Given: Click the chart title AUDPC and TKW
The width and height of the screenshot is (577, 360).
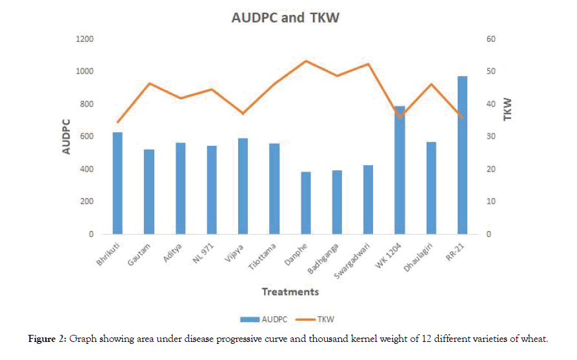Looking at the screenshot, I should pos(285,18).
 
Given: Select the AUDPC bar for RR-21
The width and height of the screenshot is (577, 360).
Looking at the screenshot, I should pos(462,155).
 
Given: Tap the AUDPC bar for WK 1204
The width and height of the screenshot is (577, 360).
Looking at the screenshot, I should pos(400,170).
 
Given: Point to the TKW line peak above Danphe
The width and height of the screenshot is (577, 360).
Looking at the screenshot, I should pos(306,61).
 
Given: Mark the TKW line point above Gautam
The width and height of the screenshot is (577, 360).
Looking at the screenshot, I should pos(149,83).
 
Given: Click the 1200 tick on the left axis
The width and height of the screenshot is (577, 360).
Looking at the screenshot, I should pos(85,39).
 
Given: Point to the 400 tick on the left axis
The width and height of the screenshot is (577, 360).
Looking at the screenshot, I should pos(87,169).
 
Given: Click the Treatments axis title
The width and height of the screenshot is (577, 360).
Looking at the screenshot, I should pos(290,292).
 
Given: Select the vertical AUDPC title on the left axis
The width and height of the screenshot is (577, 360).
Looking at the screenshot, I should pos(66,136).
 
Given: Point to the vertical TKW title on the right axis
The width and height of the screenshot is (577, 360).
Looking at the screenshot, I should pos(508,108).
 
